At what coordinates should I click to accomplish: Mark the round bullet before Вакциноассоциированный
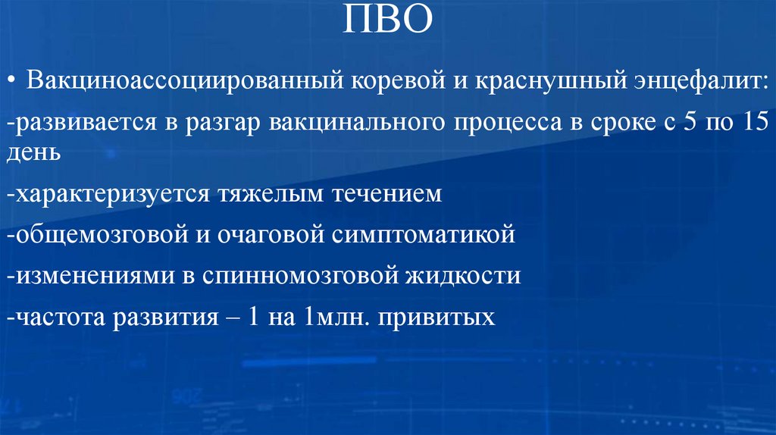point(14,81)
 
